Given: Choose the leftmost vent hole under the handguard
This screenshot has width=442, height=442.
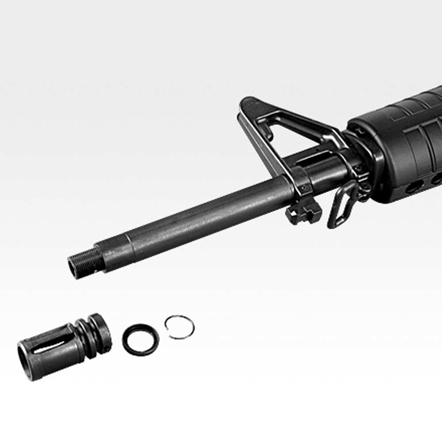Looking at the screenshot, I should (414, 187).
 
